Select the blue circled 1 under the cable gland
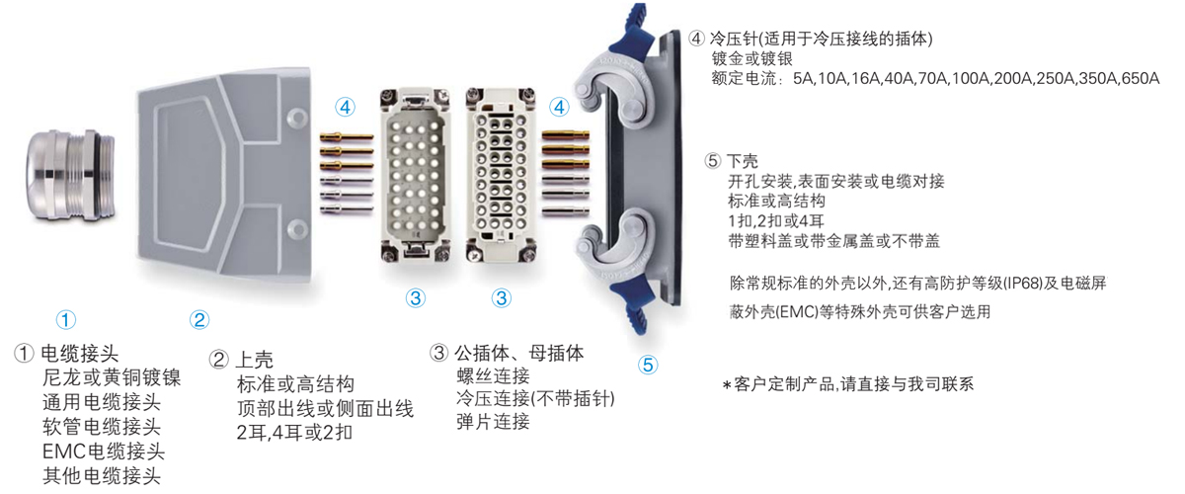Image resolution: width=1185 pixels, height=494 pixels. point(65,319)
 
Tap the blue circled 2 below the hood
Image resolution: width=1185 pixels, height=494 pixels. point(199,319)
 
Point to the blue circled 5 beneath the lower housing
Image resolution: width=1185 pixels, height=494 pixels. point(648,364)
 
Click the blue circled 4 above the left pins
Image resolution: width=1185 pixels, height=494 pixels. point(344,106)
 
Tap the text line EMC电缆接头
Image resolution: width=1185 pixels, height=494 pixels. point(103,452)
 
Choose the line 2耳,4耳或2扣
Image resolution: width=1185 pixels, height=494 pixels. point(294,433)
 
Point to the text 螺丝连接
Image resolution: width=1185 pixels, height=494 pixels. point(493,376)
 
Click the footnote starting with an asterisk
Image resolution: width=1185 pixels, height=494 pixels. point(847,384)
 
